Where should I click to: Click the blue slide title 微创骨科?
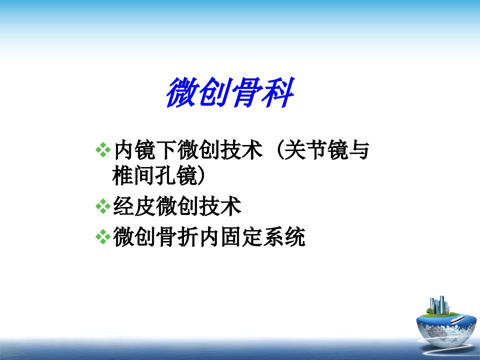tap(230, 92)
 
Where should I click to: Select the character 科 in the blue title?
tap(279, 92)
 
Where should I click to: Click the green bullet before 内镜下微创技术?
tap(103, 149)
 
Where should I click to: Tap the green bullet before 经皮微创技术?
tap(103, 206)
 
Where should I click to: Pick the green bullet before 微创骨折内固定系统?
tap(103, 236)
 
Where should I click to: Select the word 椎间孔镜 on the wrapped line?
tap(155, 175)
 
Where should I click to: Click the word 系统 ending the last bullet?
tap(284, 236)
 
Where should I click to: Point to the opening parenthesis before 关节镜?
tap(279, 150)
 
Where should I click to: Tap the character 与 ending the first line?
tap(359, 150)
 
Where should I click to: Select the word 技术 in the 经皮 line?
tap(220, 206)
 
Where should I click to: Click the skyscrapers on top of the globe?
tap(440, 305)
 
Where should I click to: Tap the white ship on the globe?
tap(457, 319)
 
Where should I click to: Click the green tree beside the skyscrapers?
tap(430, 311)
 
